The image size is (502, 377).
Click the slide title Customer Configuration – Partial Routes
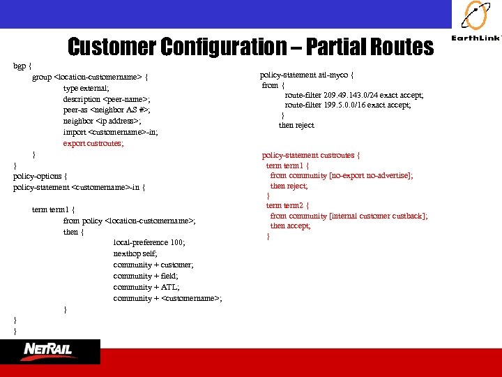pos(250,47)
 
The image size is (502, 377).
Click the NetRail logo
pos(48,350)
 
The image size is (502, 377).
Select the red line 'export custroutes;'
pos(93,143)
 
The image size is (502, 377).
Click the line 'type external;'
pos(86,88)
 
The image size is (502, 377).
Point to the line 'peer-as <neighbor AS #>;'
pos(107,110)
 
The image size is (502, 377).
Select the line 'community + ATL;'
pos(146,287)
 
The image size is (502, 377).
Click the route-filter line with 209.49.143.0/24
pos(354,95)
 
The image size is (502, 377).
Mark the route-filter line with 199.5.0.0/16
pos(348,105)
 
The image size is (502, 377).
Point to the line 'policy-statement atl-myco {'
pos(307,75)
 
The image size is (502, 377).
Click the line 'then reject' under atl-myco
pos(296,125)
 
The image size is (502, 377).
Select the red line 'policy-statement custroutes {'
pos(311,155)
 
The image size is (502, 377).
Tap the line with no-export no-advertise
pos(342,176)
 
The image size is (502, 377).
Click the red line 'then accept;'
pos(291,226)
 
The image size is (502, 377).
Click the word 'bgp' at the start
pos(19,66)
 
